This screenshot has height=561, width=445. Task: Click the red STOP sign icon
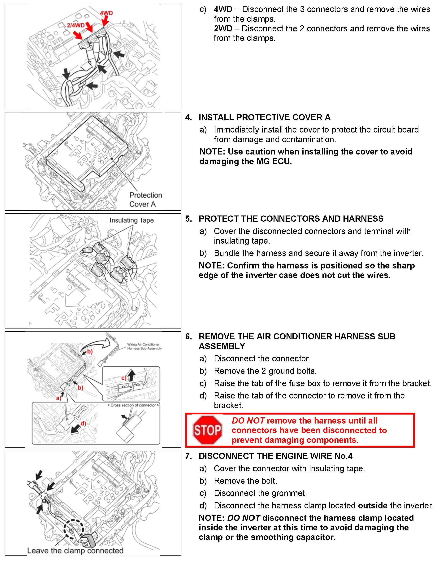[207, 430]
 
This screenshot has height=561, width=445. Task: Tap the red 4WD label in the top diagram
[106, 13]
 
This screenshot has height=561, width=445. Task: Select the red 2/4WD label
[76, 25]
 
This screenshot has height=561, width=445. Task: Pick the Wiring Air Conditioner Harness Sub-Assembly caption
[144, 346]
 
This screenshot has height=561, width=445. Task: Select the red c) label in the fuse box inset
[123, 378]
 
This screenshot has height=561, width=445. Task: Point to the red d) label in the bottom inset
[83, 423]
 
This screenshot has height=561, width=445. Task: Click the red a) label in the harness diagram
[58, 398]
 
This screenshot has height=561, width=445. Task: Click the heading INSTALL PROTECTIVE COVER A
[265, 117]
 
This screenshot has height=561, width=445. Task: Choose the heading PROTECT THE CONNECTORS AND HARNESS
[291, 219]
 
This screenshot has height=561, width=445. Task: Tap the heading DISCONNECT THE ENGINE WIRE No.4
[275, 456]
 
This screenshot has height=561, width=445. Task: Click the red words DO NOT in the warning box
[248, 420]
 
